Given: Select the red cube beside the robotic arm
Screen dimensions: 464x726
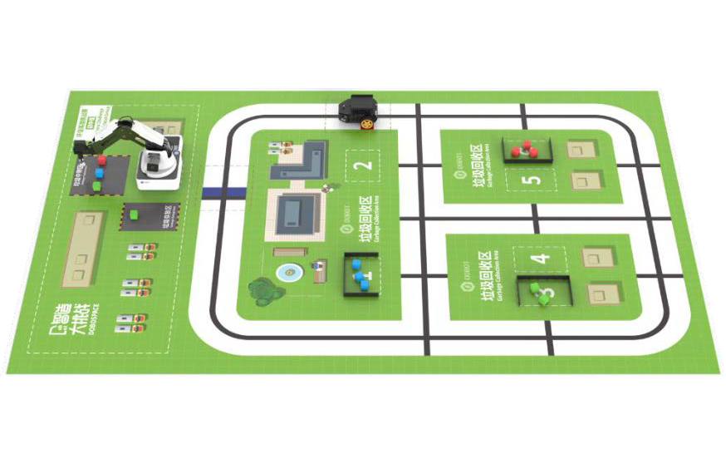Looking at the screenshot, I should pyautogui.click(x=102, y=160).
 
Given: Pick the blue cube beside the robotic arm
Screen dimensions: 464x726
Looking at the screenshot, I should pyautogui.click(x=99, y=173).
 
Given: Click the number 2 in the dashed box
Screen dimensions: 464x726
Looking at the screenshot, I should pyautogui.click(x=361, y=165).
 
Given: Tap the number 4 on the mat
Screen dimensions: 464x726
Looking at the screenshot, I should pyautogui.click(x=541, y=258).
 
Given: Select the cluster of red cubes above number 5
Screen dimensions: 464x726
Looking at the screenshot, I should pyautogui.click(x=524, y=150).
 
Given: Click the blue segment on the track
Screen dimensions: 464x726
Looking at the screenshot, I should pyautogui.click(x=224, y=194).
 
